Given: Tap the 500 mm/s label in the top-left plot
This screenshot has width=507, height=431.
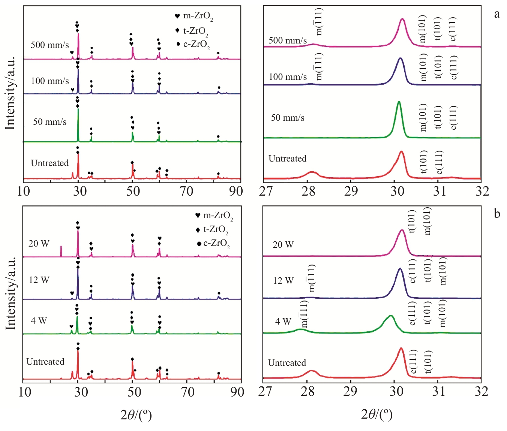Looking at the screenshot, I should pos(49,45).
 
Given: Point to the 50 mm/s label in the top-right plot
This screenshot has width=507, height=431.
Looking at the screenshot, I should pos(288,118).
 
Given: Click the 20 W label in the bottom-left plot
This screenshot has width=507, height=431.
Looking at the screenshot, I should pos(39,244).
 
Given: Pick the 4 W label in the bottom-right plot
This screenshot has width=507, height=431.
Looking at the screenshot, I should pos(283,322).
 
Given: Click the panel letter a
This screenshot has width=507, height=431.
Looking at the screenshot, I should pos(497,14).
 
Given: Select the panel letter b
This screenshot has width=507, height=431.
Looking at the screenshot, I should pos(497,214).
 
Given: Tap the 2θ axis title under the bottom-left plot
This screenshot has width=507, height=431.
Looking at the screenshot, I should pos(136,415).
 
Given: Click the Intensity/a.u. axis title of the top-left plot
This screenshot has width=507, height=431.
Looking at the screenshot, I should pos(10,94).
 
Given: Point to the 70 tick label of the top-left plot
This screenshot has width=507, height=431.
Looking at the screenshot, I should pos(186,191).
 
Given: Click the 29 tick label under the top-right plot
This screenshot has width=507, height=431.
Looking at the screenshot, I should pos(351,191).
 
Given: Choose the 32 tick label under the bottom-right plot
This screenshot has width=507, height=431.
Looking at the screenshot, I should pos(481,391).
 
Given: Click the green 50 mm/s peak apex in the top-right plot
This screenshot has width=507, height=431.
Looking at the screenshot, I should pos(399,102).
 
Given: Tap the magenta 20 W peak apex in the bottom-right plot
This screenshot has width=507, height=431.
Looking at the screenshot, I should pos(402,230).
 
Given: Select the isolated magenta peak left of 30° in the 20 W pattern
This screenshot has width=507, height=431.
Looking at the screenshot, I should pos(61,247).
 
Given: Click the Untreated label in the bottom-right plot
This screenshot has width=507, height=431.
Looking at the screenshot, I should pos(287,363).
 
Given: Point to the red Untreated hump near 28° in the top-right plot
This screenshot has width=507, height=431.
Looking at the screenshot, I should pos(312,172).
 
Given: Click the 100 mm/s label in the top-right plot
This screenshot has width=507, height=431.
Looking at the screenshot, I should pos(288,77).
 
